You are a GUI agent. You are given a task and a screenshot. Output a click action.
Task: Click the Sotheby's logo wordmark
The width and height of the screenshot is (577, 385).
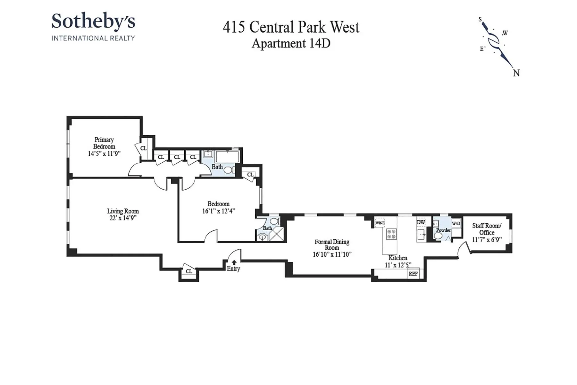(x=93, y=21)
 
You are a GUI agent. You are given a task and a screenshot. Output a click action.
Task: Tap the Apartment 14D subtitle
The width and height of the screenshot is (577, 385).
(x=291, y=43)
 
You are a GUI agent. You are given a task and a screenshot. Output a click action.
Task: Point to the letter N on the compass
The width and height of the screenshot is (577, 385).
(x=516, y=73)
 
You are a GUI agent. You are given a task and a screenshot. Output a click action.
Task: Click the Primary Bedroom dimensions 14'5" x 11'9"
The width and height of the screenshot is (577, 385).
(x=104, y=154)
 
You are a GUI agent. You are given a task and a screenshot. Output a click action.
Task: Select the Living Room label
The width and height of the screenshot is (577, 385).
(x=123, y=211)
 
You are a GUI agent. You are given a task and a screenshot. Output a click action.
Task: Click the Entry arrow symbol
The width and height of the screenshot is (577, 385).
(x=234, y=262)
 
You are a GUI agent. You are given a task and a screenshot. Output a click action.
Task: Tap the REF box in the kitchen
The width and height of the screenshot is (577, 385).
(x=413, y=274)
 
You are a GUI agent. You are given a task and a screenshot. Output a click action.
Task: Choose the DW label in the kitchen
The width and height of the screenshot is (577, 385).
(x=421, y=222)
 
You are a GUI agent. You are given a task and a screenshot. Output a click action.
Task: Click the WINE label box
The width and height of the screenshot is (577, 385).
(x=380, y=223)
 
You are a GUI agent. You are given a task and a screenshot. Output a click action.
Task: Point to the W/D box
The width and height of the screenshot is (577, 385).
(x=456, y=224)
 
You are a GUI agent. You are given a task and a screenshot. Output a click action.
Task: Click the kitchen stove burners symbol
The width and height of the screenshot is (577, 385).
(x=391, y=234)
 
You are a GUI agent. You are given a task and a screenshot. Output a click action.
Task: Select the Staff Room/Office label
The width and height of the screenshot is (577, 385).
(x=487, y=229)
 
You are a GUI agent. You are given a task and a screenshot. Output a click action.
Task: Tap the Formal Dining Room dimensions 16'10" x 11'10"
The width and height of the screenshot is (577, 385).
(x=332, y=254)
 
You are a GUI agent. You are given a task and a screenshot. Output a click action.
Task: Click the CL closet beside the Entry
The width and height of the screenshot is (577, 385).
(x=189, y=271)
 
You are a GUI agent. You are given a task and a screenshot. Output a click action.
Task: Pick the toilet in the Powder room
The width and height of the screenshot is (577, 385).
(x=438, y=236)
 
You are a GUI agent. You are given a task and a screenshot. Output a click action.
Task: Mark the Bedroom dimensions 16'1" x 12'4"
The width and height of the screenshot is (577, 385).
(x=219, y=211)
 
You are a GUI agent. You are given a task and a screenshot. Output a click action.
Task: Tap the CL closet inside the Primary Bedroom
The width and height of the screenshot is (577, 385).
(x=143, y=148)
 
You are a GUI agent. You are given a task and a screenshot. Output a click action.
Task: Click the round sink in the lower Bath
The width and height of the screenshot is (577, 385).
(x=262, y=237)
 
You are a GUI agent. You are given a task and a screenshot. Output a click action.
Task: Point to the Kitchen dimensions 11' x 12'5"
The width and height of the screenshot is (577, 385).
(x=398, y=265)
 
